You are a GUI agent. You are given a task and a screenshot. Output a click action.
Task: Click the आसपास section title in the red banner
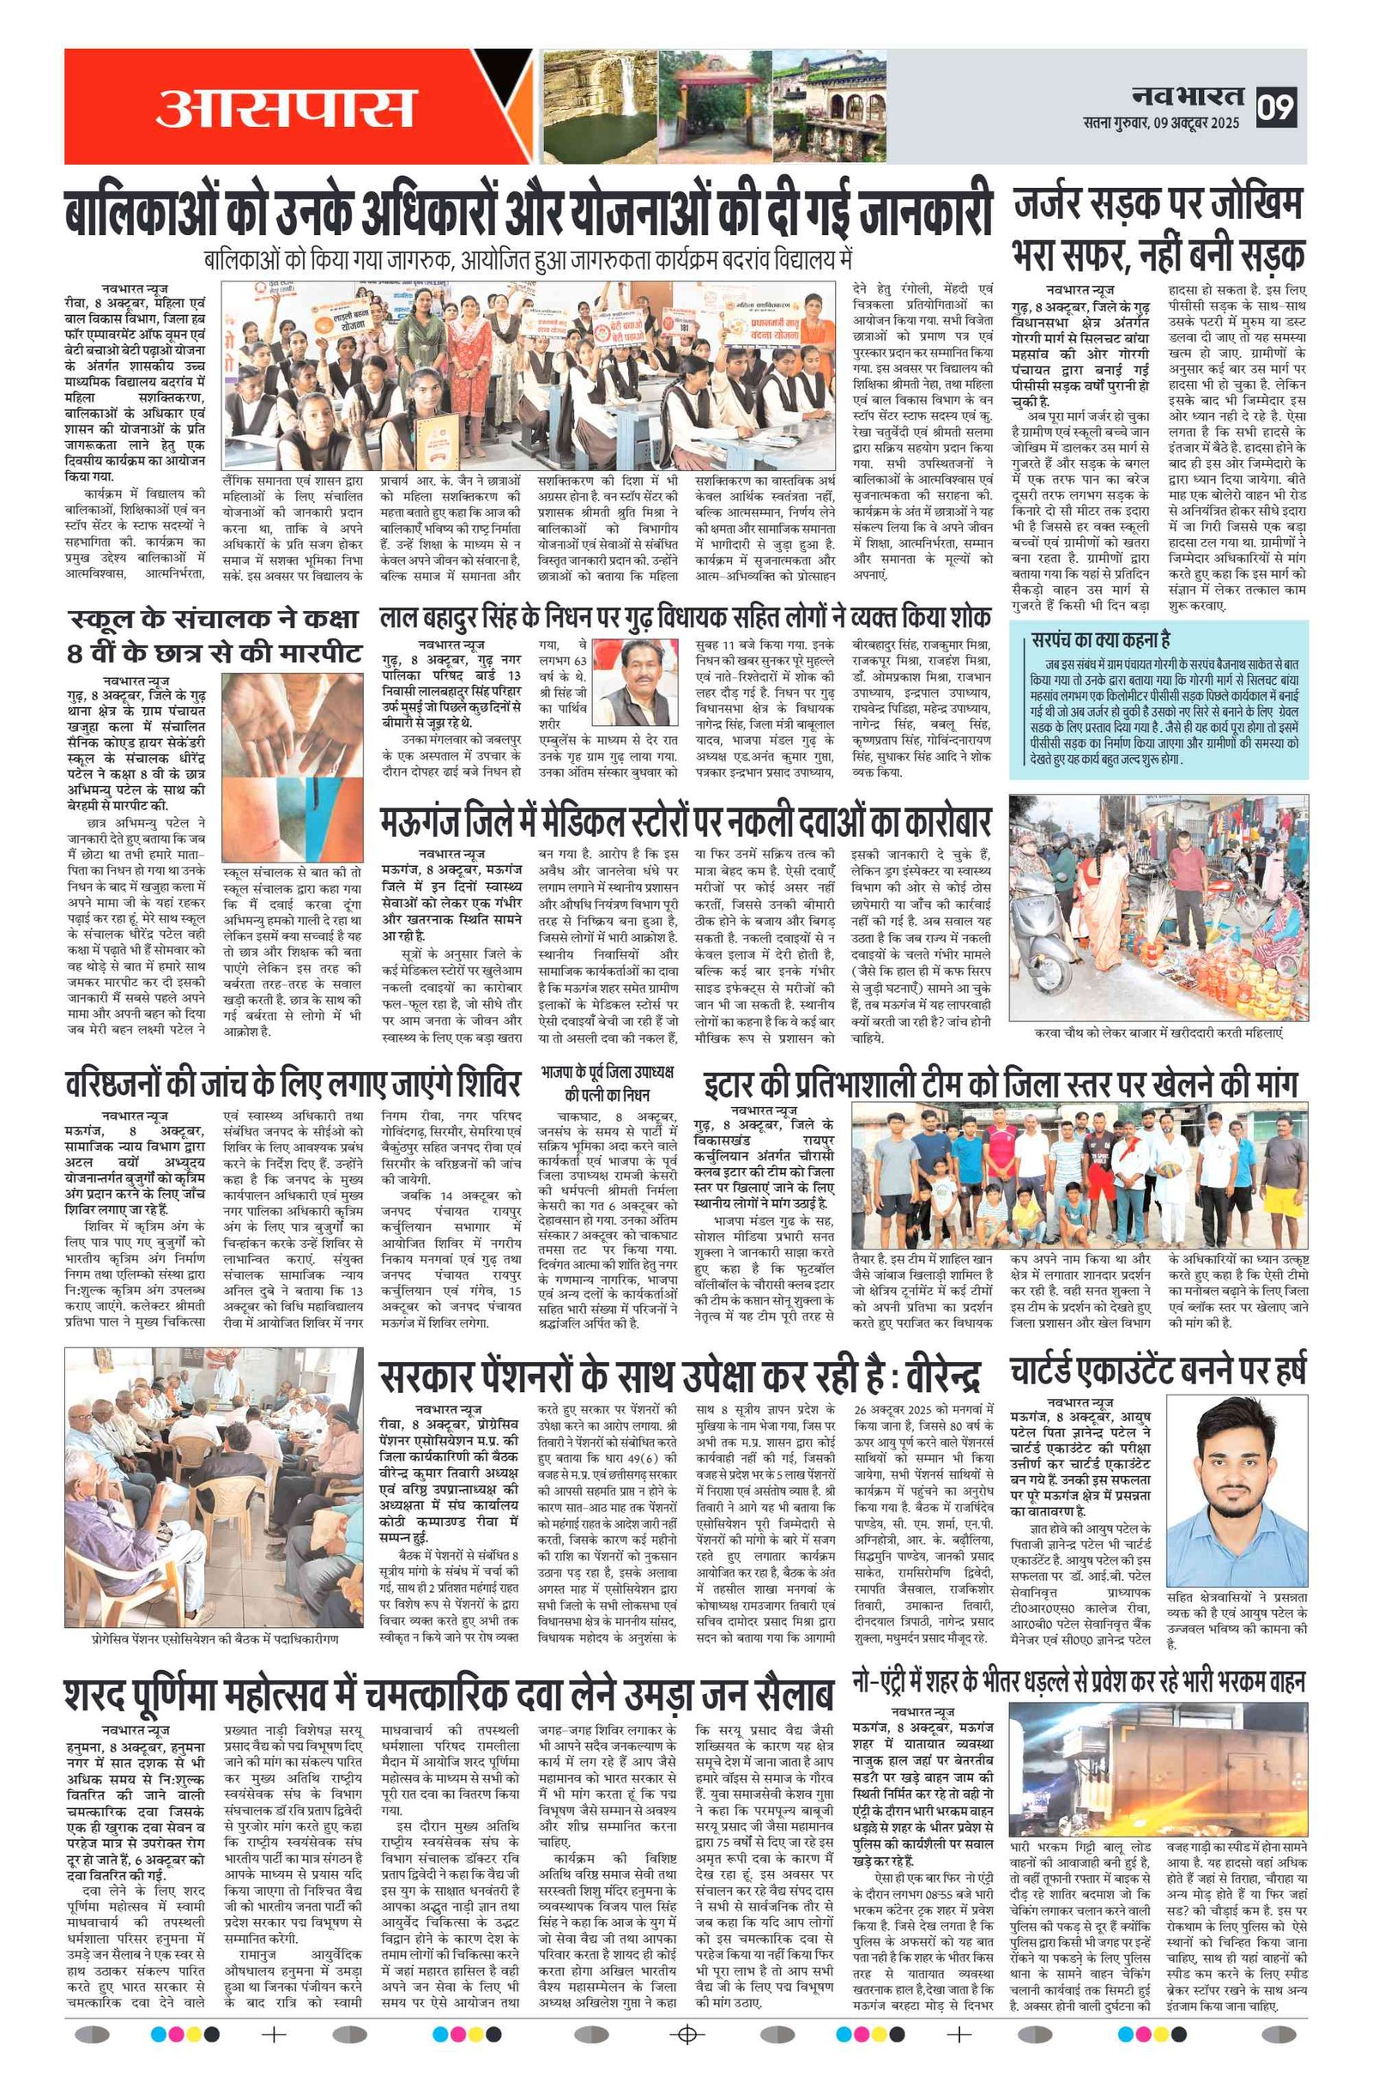coord(284,106)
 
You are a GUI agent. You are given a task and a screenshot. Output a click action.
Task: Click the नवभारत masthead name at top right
coord(1188,95)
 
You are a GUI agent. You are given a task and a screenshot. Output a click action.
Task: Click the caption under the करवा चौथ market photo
coord(1158,1032)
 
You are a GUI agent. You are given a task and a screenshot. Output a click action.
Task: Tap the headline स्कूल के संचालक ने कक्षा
coord(215,634)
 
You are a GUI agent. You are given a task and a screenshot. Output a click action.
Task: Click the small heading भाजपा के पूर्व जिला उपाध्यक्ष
coord(607,1082)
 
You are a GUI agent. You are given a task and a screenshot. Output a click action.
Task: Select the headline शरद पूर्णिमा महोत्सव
coord(448,1697)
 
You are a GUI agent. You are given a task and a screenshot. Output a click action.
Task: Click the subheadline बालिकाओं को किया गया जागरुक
coord(528,260)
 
